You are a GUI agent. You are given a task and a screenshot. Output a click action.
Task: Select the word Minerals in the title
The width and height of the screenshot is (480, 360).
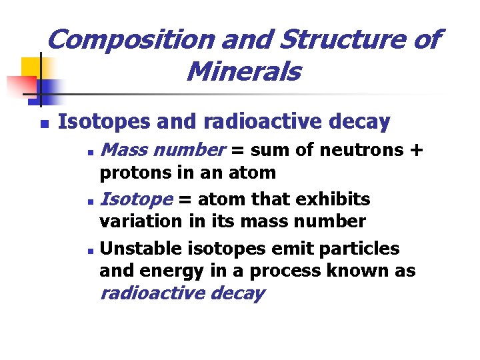pyautogui.click(x=244, y=71)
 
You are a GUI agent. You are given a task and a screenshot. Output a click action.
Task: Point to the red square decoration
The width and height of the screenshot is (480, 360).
pyautogui.click(x=19, y=85)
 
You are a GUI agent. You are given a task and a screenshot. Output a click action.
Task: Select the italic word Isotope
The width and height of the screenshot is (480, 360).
pyautogui.click(x=136, y=199)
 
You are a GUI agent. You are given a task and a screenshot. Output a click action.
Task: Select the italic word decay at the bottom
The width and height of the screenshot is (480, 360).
pyautogui.click(x=237, y=293)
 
